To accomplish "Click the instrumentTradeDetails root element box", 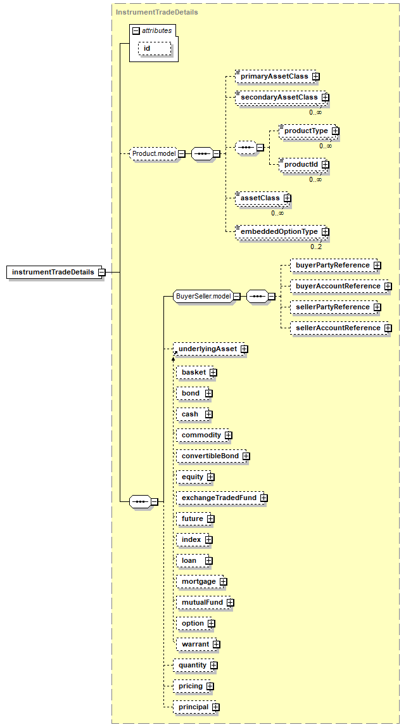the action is tap(56, 272).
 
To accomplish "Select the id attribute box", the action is tap(155, 48).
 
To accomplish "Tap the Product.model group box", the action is tap(154, 153).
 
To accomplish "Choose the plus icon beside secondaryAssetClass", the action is tap(326, 98).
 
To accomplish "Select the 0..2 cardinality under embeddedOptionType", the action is tap(316, 247).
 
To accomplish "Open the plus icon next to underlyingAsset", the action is tap(244, 349).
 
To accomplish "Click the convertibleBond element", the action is tap(213, 456).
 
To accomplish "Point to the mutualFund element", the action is tap(205, 602).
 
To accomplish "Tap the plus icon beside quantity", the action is tap(213, 666).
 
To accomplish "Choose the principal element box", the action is tap(196, 707).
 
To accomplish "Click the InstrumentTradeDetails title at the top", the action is tap(156, 12).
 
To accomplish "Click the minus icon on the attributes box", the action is tap(136, 30).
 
